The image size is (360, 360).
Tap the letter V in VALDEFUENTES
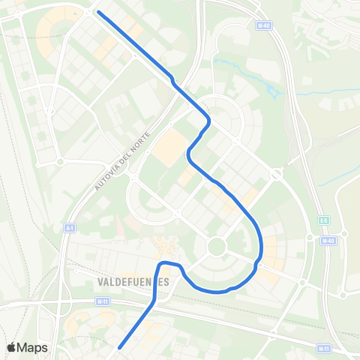(x=100, y=282)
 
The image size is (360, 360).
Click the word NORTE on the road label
(x=142, y=142)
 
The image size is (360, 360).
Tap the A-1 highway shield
(x=70, y=226)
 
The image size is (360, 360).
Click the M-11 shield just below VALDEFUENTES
(x=103, y=301)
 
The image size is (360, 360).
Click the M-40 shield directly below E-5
(x=328, y=240)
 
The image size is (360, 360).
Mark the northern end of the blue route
(x=99, y=13)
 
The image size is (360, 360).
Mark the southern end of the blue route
(x=120, y=346)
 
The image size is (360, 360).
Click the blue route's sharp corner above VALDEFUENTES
(x=160, y=263)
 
